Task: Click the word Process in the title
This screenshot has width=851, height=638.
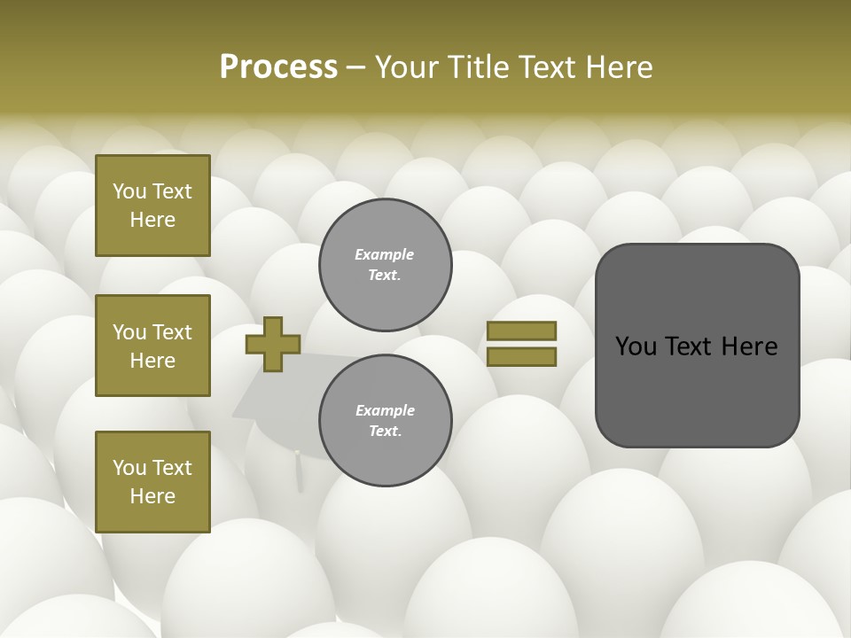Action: click(x=278, y=67)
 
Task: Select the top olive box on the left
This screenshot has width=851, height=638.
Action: click(x=152, y=206)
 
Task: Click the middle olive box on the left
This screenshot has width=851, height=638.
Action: click(x=152, y=346)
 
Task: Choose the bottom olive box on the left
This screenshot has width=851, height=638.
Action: click(x=152, y=482)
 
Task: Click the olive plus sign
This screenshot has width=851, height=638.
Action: click(x=273, y=345)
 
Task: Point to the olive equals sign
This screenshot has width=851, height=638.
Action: click(x=521, y=344)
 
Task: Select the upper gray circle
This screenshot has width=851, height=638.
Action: click(x=386, y=265)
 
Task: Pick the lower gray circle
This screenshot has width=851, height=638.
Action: click(x=386, y=421)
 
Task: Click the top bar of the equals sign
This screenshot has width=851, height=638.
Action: click(x=521, y=331)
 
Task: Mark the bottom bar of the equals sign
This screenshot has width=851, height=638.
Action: click(x=521, y=356)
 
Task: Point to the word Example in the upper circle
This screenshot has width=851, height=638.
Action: click(x=385, y=255)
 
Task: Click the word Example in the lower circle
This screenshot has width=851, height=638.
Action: click(x=385, y=411)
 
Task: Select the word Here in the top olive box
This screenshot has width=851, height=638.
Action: click(x=152, y=220)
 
